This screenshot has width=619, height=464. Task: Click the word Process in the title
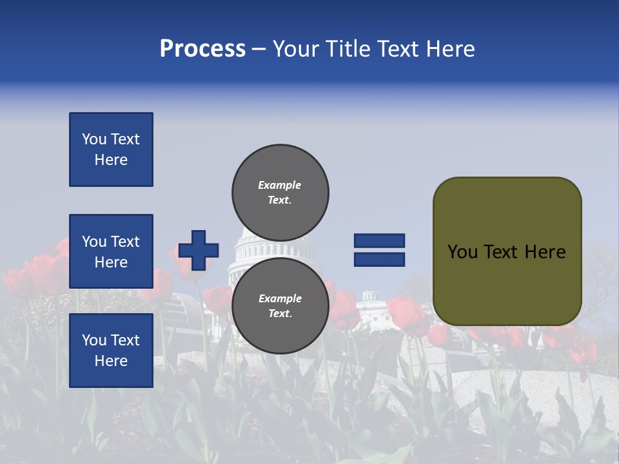pyautogui.click(x=202, y=49)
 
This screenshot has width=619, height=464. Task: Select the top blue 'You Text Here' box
pyautogui.click(x=111, y=150)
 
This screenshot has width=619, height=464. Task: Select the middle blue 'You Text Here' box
pyautogui.click(x=111, y=251)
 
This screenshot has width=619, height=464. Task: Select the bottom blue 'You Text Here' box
pyautogui.click(x=111, y=350)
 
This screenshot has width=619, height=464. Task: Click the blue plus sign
pyautogui.click(x=199, y=250)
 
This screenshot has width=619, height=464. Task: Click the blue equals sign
pyautogui.click(x=379, y=250)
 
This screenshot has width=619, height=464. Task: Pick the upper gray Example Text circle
pyautogui.click(x=280, y=192)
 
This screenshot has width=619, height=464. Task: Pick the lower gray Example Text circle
pyautogui.click(x=280, y=305)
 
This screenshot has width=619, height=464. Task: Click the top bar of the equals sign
pyautogui.click(x=379, y=240)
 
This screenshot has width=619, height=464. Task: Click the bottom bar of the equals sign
pyautogui.click(x=379, y=260)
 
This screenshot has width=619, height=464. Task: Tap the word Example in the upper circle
pyautogui.click(x=279, y=185)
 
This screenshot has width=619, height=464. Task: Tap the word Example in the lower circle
pyautogui.click(x=280, y=298)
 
